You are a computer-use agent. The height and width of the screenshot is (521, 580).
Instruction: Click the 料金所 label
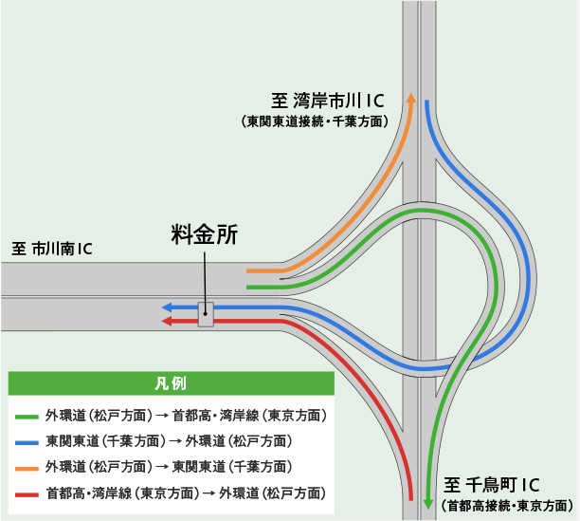[x=204, y=234]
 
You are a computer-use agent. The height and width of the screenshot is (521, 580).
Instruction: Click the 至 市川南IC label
[x=52, y=250]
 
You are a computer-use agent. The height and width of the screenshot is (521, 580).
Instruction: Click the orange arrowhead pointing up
[x=410, y=98]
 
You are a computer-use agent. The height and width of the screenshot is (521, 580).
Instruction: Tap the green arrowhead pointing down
[x=428, y=504]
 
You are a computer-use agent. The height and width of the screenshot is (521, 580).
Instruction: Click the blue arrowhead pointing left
[x=166, y=307]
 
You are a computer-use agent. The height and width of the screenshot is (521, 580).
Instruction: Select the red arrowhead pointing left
[x=166, y=322]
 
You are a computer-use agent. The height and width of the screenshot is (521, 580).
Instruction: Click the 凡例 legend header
[x=171, y=383]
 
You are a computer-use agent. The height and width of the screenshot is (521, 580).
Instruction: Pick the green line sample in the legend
[x=27, y=416]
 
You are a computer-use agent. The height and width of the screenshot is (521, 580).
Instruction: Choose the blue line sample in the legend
[x=27, y=441]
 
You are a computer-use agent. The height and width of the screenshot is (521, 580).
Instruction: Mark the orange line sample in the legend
[x=27, y=467]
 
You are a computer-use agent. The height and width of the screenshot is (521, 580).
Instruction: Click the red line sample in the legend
[x=27, y=493]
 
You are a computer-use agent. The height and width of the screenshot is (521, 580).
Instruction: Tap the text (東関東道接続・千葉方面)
[x=315, y=121]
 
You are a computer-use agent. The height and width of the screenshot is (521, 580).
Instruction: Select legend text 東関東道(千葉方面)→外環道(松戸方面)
[x=168, y=441]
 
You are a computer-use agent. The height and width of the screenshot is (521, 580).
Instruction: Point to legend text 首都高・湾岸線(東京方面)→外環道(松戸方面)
[x=185, y=493]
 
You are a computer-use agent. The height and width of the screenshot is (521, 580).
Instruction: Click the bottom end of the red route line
[x=410, y=497]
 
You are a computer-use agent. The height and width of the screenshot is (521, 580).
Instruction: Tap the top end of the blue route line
[x=428, y=102]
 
